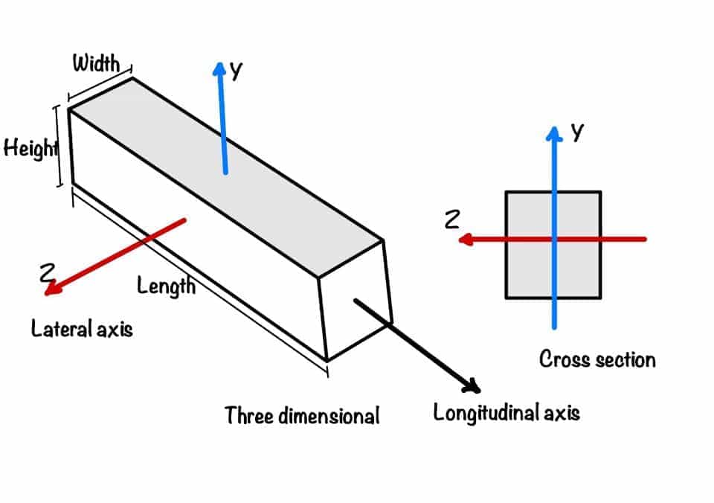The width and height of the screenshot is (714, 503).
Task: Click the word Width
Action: (x=95, y=63)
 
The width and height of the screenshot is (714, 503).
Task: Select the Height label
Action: (x=30, y=148)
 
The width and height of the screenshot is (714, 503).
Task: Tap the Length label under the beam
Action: (x=166, y=284)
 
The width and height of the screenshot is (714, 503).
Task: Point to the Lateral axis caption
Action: (x=82, y=328)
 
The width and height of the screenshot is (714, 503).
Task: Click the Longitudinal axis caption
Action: (x=506, y=412)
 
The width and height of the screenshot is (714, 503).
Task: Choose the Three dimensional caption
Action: (x=302, y=415)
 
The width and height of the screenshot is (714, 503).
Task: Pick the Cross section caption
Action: (x=597, y=360)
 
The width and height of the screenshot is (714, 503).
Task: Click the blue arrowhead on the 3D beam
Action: (x=219, y=69)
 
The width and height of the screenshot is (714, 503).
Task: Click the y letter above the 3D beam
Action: (x=237, y=71)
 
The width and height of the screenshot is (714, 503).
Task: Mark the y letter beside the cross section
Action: (x=577, y=132)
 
